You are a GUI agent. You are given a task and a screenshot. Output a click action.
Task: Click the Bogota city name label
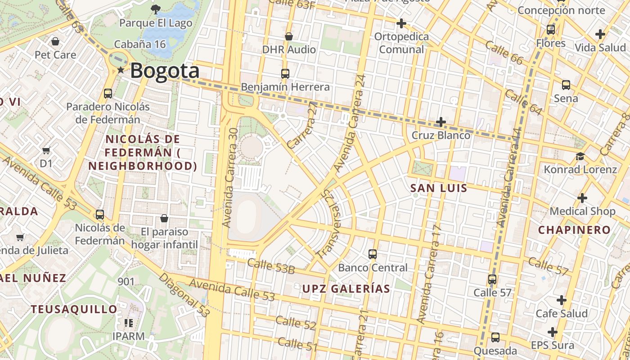165,71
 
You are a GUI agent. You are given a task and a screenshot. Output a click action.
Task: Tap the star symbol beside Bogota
121,70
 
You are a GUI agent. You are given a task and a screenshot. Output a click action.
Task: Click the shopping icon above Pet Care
55,41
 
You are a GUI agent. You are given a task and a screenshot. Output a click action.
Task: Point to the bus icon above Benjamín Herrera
285,73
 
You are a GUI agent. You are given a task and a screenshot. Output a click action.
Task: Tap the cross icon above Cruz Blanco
441,122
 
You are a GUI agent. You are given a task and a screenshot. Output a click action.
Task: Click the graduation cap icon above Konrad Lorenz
580,156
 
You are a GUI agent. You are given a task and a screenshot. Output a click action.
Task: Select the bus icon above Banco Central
373,254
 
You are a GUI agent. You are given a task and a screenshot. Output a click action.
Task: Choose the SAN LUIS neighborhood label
439,188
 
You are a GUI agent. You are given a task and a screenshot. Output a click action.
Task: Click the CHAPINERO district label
574,230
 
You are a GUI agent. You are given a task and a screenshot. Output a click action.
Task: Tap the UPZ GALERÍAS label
346,288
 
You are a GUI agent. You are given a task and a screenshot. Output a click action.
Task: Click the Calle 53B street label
271,266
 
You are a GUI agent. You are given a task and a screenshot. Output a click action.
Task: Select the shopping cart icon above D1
46,150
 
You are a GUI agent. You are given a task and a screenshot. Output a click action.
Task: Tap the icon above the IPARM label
129,323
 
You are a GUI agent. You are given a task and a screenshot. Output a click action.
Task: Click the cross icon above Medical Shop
582,198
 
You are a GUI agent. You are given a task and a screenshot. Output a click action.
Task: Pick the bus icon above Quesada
495,337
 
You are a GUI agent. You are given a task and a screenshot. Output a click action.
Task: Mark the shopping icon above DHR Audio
289,36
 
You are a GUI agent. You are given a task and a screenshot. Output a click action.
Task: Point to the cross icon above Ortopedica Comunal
401,23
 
